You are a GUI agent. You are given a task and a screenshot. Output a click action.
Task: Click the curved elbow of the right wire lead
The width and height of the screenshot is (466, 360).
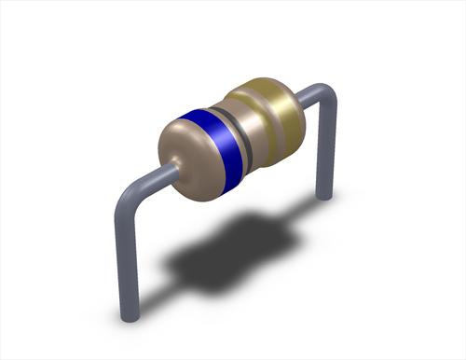[x=322, y=93]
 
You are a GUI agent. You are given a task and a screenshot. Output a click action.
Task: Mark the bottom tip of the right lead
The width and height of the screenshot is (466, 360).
[x=324, y=194]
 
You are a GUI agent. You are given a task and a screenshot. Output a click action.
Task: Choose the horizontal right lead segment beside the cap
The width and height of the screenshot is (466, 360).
[x=312, y=90]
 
